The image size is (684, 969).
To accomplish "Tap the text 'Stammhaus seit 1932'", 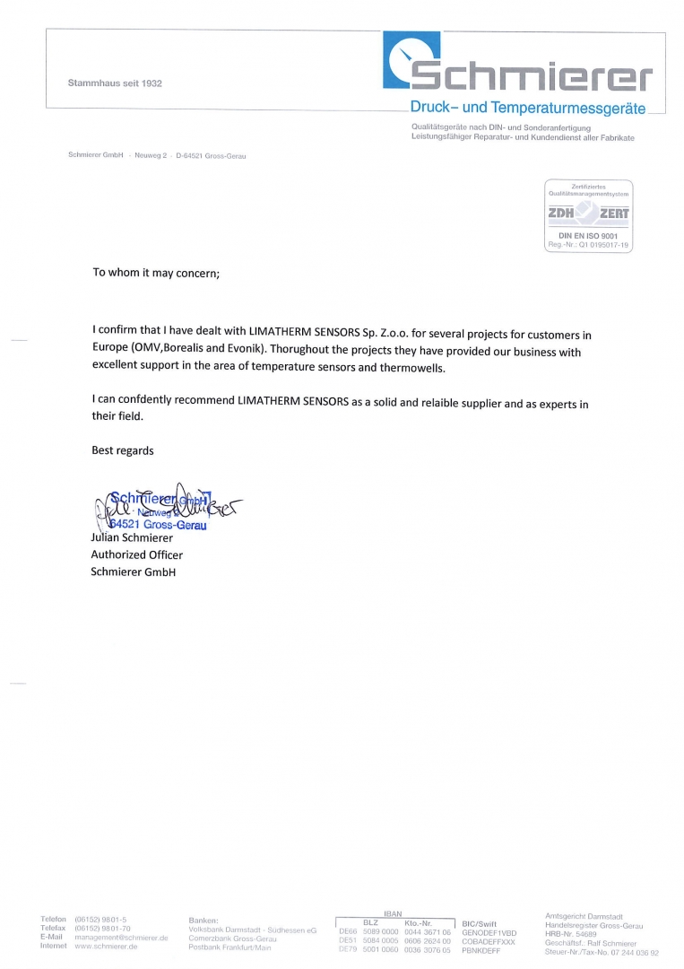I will pyautogui.click(x=115, y=83).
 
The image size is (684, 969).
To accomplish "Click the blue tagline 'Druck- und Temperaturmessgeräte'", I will pyautogui.click(x=527, y=108).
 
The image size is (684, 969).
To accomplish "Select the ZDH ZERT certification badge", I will pyautogui.click(x=589, y=214).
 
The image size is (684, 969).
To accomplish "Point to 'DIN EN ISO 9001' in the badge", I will pyautogui.click(x=589, y=235).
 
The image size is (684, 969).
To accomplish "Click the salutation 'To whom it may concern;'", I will pyautogui.click(x=155, y=272).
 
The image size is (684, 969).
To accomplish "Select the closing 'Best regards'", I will pyautogui.click(x=123, y=450).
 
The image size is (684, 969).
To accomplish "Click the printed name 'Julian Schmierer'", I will pyautogui.click(x=132, y=538).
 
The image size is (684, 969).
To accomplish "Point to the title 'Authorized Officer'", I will pyautogui.click(x=136, y=555).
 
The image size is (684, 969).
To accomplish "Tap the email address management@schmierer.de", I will pyautogui.click(x=121, y=938).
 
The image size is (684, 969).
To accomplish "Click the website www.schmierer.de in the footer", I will pyautogui.click(x=106, y=947).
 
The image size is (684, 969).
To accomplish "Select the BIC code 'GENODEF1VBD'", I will pyautogui.click(x=489, y=933).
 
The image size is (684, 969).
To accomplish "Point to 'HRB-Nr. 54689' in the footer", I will pyautogui.click(x=570, y=934).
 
